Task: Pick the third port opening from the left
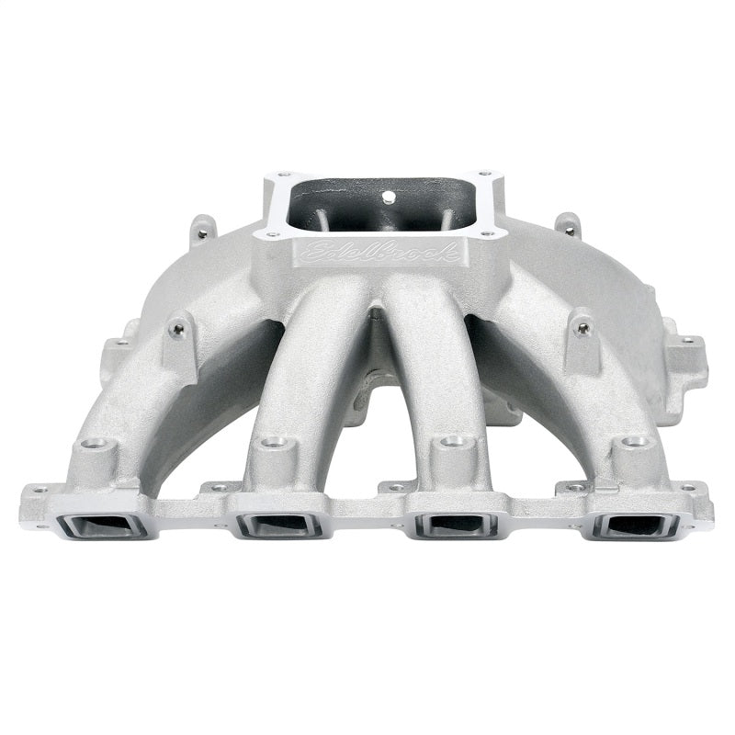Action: tap(458, 526)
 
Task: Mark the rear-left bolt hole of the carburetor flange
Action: tap(283, 175)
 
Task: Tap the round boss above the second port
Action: tap(272, 444)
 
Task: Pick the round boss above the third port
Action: tap(450, 443)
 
